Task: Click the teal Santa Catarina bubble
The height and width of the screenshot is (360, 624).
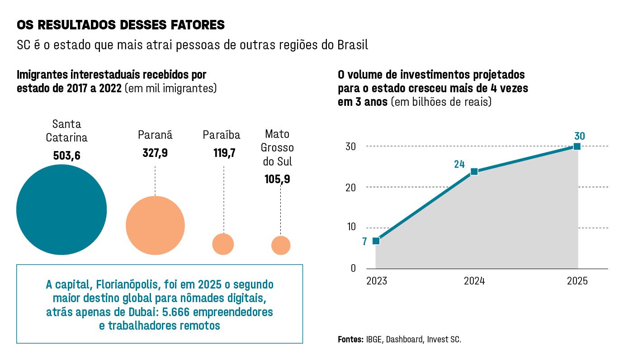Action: point(61,210)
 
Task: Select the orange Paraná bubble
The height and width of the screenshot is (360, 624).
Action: point(155,226)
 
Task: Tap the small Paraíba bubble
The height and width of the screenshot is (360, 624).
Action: point(223,244)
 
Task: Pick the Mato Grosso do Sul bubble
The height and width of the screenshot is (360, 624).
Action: point(281,245)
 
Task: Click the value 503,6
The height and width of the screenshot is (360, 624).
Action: point(66,156)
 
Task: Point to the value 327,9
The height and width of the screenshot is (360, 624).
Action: point(155,153)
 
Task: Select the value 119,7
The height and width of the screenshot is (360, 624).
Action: point(224,153)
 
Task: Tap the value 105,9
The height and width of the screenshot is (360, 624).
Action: point(278,179)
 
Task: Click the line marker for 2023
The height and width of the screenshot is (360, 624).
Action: point(376,241)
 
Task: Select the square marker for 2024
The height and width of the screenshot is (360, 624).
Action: point(474,171)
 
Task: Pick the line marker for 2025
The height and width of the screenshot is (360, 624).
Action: point(577,146)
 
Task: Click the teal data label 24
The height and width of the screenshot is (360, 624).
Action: point(459,164)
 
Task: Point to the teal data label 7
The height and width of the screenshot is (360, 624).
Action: point(364,242)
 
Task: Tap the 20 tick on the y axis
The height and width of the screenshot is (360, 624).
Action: point(351,187)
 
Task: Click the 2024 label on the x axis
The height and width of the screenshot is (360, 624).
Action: point(474,281)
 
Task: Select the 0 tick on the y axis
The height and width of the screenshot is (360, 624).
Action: point(353,268)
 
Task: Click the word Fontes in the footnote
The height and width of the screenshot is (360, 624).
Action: point(350,339)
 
